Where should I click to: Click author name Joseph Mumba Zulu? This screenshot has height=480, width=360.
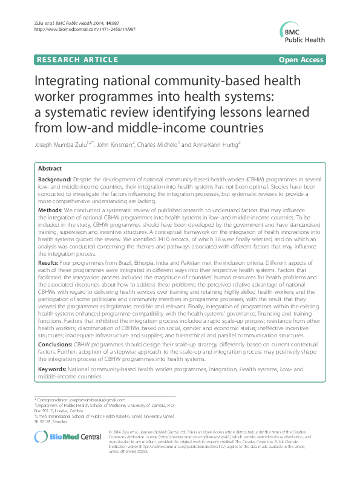(61, 145)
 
